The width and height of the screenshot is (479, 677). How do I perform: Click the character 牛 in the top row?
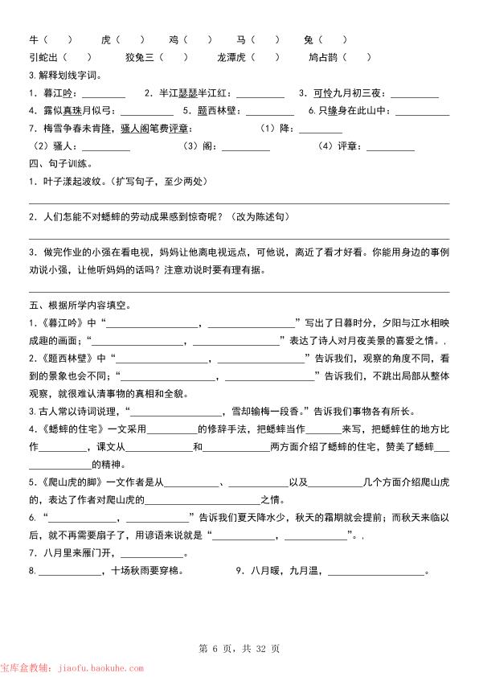34,39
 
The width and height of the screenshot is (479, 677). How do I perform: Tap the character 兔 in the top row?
309,39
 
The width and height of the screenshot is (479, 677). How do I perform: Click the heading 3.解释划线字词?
63,75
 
